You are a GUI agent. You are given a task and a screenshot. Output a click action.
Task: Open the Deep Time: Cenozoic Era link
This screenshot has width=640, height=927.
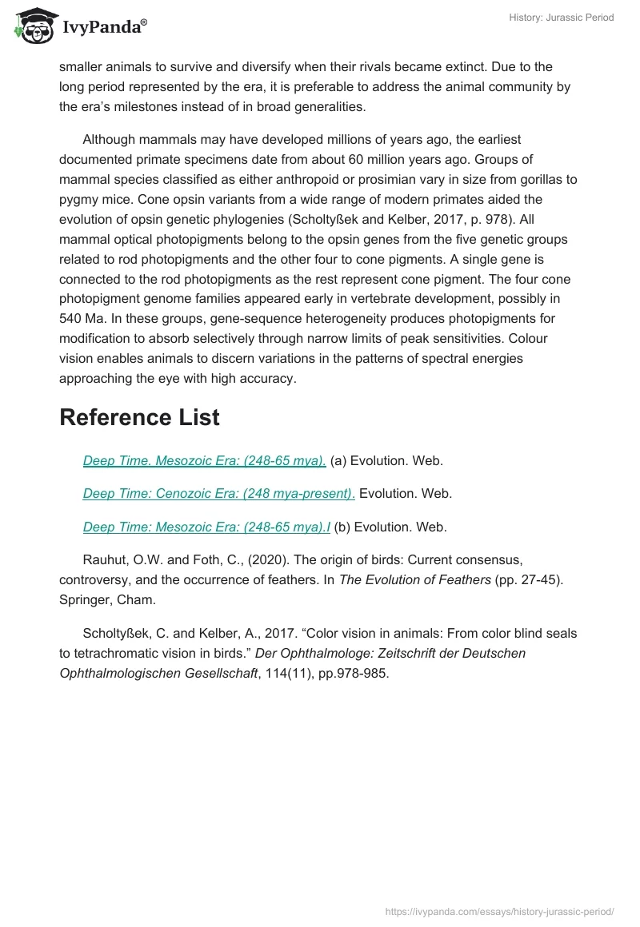pyautogui.click(x=218, y=494)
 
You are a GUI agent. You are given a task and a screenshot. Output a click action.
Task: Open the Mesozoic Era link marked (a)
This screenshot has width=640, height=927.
pyautogui.click(x=204, y=461)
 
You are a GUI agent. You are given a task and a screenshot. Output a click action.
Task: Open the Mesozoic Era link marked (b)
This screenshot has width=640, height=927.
pyautogui.click(x=207, y=527)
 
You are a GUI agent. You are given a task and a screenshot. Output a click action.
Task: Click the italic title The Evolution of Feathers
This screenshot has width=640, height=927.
pyautogui.click(x=414, y=579)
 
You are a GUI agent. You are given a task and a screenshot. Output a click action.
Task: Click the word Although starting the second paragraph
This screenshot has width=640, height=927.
pyautogui.click(x=111, y=140)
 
